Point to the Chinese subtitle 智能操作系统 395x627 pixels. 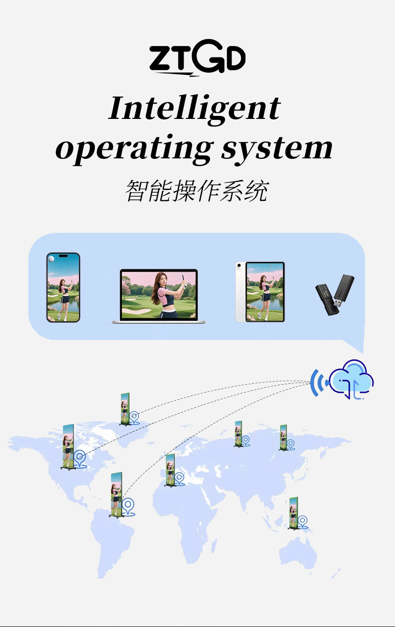196,191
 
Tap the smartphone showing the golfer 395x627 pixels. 63,287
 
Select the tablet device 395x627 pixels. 260,292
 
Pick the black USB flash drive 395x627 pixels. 334,295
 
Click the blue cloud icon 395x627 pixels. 351,380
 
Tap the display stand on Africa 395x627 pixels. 170,470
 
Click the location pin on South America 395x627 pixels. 128,506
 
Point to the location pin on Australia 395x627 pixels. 302,521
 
